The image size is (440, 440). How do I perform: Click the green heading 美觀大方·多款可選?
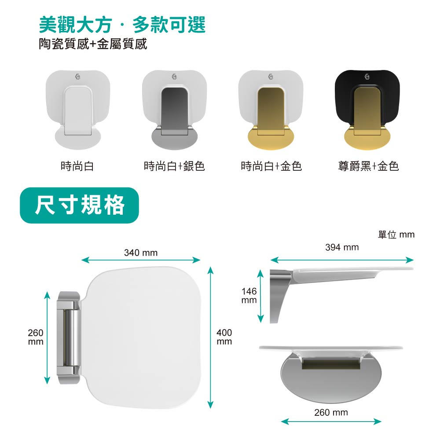click(x=122, y=25)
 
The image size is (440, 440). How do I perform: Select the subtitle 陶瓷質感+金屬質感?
click(x=93, y=44)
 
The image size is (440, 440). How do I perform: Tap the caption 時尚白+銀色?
click(x=174, y=166)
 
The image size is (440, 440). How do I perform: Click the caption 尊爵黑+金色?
click(x=368, y=166)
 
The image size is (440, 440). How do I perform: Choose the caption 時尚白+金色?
click(x=271, y=166)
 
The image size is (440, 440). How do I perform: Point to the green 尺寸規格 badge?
click(x=79, y=205)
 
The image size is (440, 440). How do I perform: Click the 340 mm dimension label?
click(x=141, y=253)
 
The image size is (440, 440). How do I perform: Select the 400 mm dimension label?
click(x=224, y=337)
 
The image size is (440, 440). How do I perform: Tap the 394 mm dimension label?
click(x=342, y=247)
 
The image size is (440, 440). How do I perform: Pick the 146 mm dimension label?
click(x=249, y=296)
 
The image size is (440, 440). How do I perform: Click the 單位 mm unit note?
click(x=396, y=235)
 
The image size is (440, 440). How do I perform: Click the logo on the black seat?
click(x=367, y=76)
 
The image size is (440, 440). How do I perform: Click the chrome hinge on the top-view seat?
click(x=69, y=337)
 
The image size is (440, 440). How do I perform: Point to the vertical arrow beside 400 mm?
click(x=210, y=337)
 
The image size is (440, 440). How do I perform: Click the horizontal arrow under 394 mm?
click(x=342, y=260)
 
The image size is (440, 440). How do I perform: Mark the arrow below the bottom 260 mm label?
click(x=331, y=421)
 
